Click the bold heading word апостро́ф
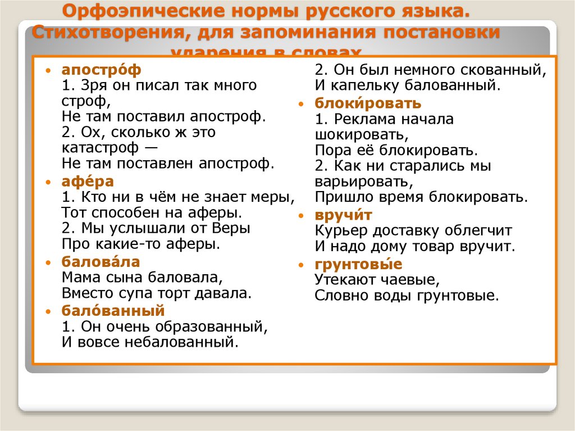pos(102,70)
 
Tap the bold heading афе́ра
pos(88,182)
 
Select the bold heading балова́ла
pos(101,262)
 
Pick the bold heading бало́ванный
pos(113,310)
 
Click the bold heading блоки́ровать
pos(368,103)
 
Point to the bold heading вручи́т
pos(344,215)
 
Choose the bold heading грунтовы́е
pos(358,264)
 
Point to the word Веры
pos(231,229)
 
